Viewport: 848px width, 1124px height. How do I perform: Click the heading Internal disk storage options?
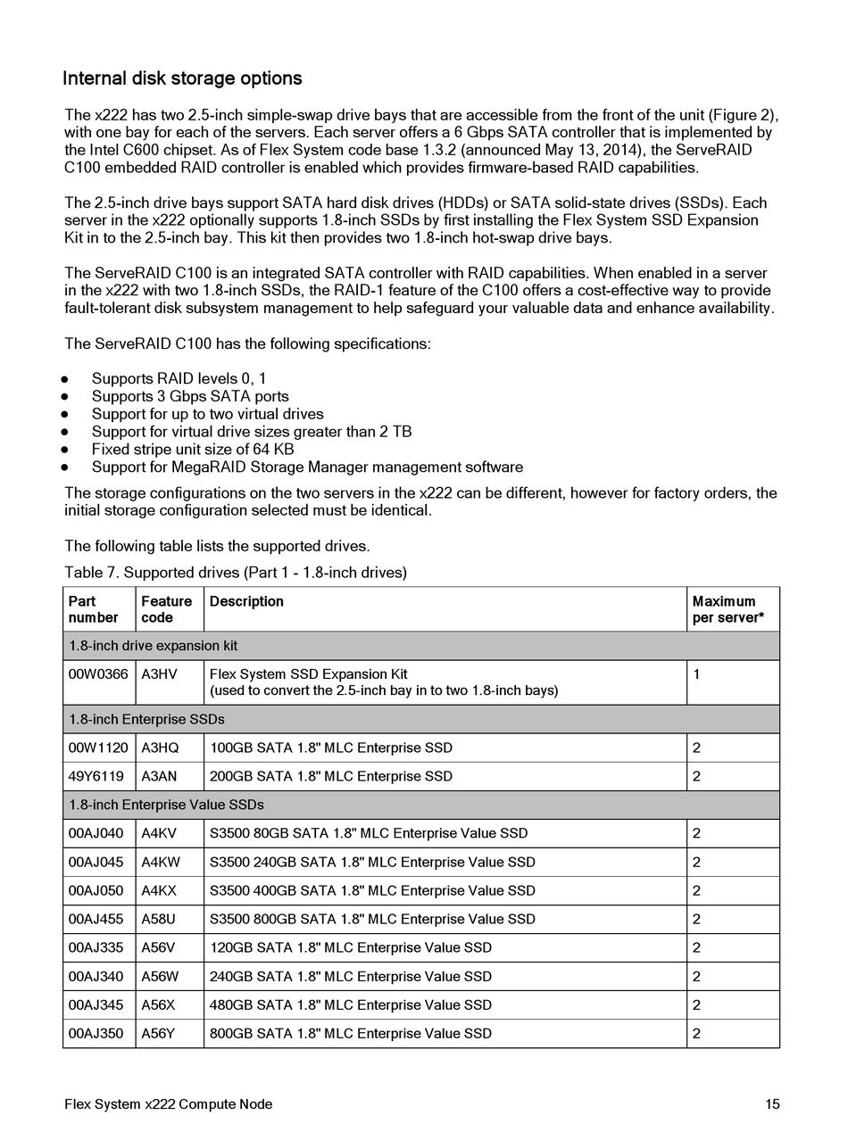[182, 79]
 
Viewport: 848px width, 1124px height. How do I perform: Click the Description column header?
[246, 601]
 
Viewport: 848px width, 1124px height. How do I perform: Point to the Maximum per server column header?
[727, 609]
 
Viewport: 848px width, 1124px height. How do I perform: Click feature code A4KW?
[161, 862]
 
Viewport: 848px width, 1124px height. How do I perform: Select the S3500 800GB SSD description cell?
[372, 919]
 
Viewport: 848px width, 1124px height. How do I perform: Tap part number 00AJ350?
[96, 1033]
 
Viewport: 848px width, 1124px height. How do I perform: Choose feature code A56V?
[159, 947]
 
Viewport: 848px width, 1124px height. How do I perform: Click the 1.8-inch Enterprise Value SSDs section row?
[166, 805]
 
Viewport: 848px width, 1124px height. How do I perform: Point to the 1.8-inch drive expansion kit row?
[154, 646]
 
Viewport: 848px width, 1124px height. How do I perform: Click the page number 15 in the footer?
[772, 1104]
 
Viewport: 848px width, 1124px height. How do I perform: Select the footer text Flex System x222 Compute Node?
[169, 1104]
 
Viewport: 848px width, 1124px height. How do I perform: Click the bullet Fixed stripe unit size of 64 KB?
[193, 449]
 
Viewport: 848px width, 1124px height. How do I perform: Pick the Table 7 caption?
[236, 573]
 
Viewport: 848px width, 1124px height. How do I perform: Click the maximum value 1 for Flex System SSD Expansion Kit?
[696, 674]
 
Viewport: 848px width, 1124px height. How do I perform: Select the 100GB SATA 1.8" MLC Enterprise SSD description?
[330, 748]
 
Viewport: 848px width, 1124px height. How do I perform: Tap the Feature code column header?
[167, 609]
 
